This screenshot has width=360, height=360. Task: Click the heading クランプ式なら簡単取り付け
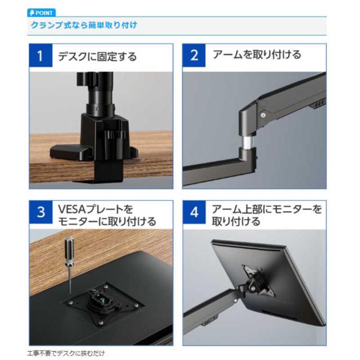point(84,26)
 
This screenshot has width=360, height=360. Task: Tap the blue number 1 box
point(40,56)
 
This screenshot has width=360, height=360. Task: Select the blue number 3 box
point(40,212)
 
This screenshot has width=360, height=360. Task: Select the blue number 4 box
point(195,212)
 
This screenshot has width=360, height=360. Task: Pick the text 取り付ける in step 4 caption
point(236,222)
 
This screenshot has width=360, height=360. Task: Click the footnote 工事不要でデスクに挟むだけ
point(66,354)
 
